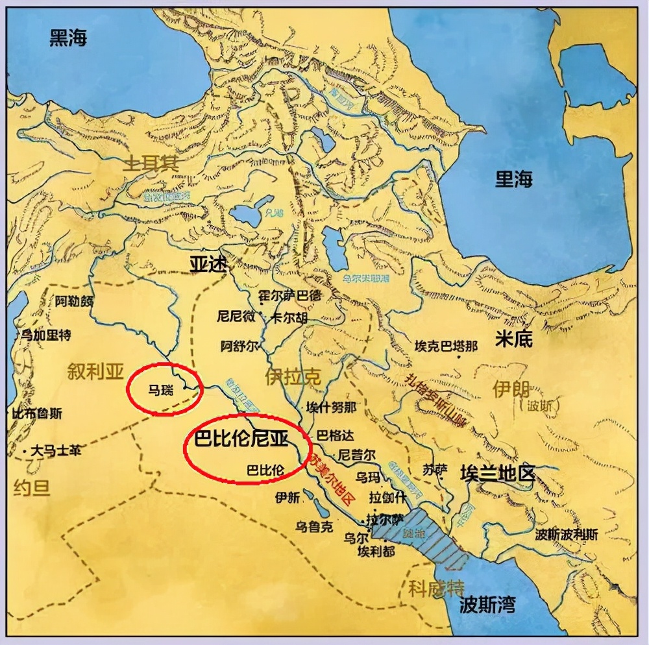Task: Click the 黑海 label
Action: (68, 38)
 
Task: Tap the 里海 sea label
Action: (514, 180)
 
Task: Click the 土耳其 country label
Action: (152, 164)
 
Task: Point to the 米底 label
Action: (513, 338)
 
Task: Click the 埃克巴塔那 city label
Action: (446, 347)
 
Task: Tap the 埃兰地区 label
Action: (497, 472)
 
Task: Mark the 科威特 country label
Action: (436, 588)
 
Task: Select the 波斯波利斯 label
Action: (566, 535)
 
